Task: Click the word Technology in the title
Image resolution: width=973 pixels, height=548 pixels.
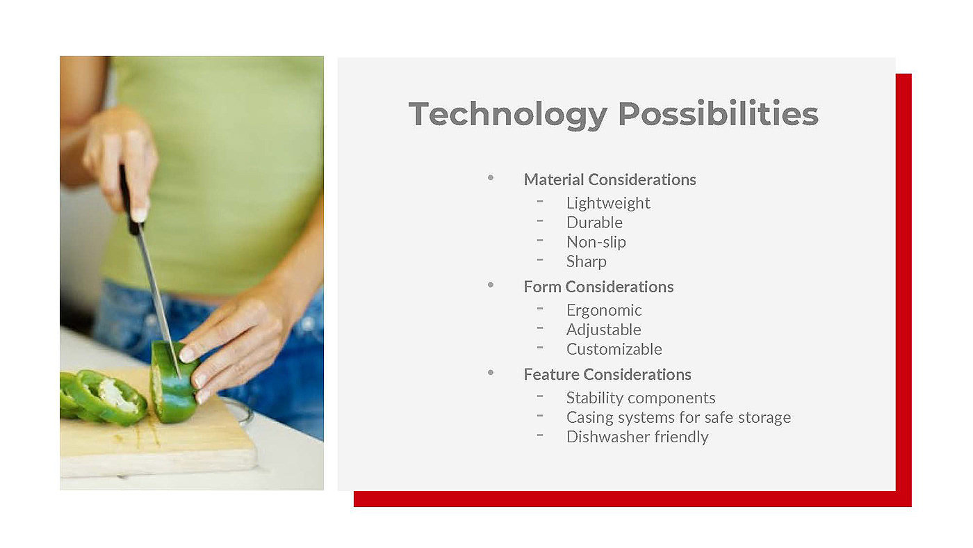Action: [507, 115]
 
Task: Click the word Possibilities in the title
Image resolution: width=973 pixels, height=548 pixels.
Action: [718, 113]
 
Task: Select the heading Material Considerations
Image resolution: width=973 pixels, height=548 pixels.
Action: [610, 179]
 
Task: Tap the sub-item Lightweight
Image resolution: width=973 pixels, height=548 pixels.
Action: [608, 203]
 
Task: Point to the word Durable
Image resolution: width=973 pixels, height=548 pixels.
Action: [594, 223]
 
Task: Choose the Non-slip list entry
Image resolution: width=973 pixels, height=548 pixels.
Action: [596, 242]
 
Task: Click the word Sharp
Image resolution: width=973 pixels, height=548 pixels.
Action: [587, 261]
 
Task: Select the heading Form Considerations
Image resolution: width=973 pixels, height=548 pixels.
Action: [598, 287]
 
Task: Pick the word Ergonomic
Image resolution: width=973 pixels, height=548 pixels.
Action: [604, 310]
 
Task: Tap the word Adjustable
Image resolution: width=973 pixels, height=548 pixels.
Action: [603, 330]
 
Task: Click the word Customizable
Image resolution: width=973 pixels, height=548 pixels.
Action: [614, 349]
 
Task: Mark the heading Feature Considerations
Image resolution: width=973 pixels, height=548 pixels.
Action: [607, 374]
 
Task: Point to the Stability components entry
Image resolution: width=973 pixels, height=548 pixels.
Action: [641, 398]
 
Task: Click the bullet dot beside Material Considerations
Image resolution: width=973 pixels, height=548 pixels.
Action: [491, 178]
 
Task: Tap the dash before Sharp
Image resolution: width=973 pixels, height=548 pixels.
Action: [540, 260]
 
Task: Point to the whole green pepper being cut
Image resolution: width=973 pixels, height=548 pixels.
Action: [174, 382]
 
